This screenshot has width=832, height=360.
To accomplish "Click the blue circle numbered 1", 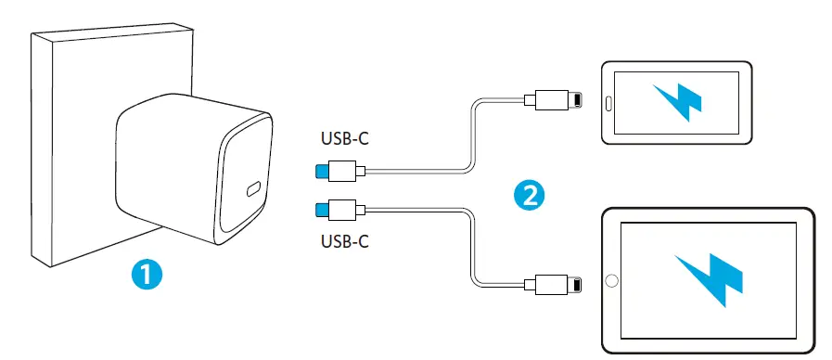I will click(148, 275).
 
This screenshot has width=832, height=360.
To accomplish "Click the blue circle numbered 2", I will click(529, 194).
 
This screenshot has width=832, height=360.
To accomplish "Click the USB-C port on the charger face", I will click(254, 192).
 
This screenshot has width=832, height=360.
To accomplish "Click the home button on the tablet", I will click(611, 279).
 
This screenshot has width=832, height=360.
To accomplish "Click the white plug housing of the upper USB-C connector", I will click(349, 171).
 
